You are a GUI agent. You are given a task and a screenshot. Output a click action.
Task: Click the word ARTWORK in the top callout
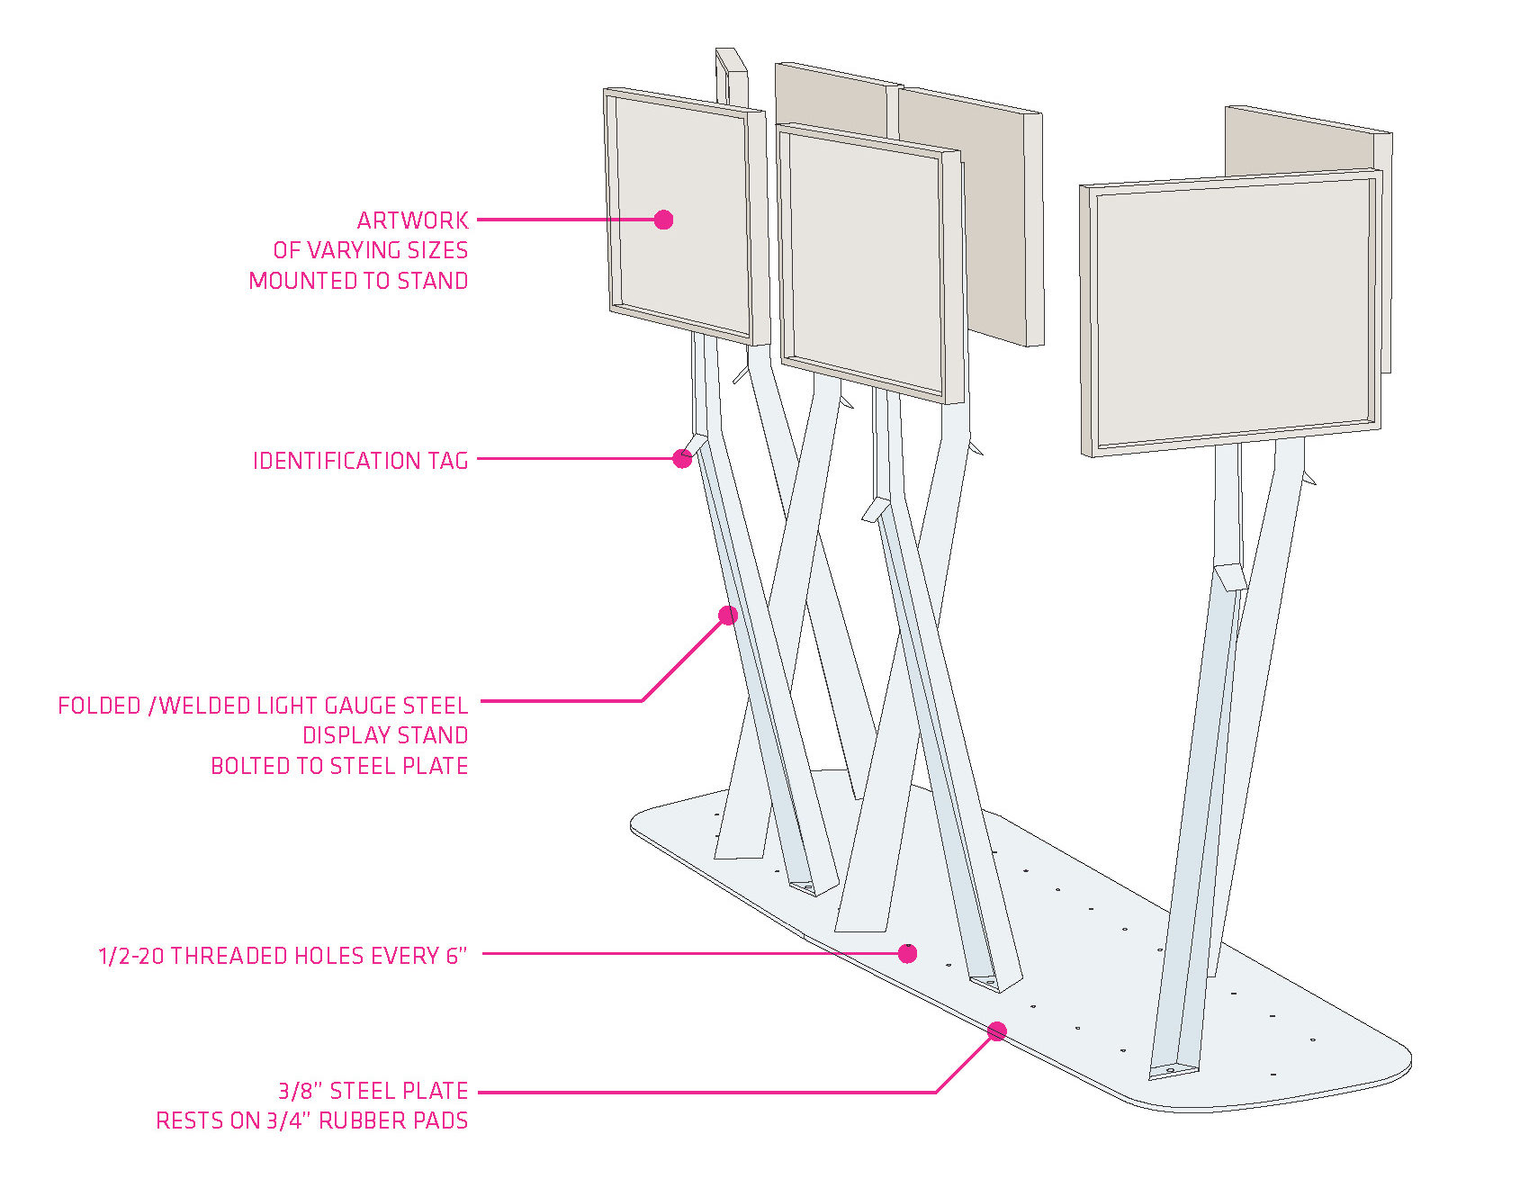pos(412,220)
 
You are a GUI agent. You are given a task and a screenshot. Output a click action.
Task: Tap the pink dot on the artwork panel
pos(663,220)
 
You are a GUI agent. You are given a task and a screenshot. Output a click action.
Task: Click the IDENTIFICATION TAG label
pos(360,461)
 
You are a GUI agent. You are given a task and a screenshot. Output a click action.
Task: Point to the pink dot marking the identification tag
pos(683,459)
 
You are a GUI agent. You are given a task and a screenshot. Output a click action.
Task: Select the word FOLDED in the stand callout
pos(99,706)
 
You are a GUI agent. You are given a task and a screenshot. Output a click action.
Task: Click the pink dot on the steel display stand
pos(728,616)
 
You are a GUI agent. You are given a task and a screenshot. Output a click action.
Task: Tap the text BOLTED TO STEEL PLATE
pos(339,766)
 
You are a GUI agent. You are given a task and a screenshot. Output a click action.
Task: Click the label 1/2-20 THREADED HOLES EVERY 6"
pos(283,956)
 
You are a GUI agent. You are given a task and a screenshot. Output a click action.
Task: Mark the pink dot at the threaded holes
pos(908,953)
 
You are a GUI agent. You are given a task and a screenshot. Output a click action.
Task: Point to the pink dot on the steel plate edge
pos(996,1031)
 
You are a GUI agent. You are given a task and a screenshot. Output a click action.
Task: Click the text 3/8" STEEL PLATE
pos(373,1091)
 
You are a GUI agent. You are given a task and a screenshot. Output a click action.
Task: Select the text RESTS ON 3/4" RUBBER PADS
pos(311,1121)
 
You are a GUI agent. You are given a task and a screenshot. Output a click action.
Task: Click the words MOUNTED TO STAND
pos(358,281)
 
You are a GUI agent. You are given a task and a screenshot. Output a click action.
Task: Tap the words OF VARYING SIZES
pos(370,250)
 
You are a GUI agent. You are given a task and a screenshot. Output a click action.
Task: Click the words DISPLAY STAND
pos(384,735)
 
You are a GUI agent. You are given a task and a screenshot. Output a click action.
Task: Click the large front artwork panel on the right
pos(1230,310)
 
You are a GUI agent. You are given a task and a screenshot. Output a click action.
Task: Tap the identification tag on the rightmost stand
pos(1230,576)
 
